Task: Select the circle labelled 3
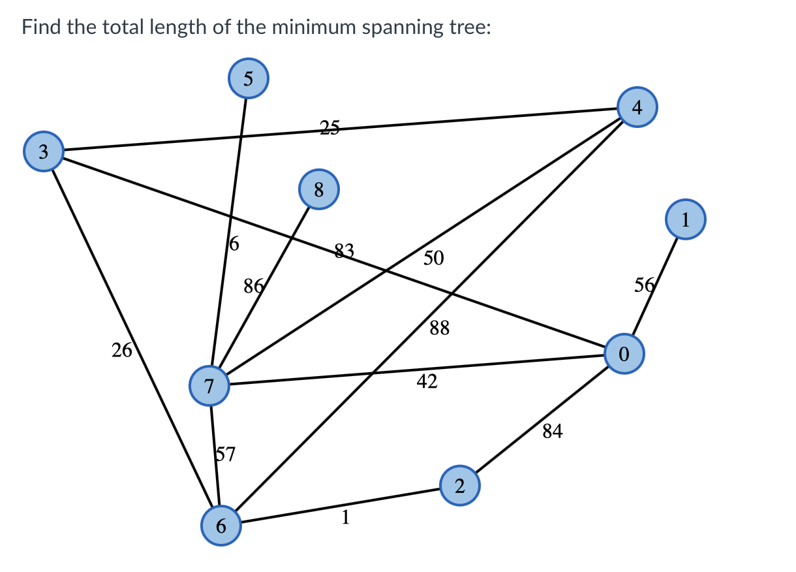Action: (43, 151)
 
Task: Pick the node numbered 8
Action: (318, 189)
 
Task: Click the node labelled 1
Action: (685, 220)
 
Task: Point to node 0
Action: (624, 354)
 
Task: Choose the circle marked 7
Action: (209, 386)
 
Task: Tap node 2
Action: (459, 486)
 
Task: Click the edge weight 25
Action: (329, 127)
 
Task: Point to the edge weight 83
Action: (344, 250)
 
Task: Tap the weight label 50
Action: (434, 259)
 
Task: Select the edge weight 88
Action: (440, 328)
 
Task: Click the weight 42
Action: (427, 382)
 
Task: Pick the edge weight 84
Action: (552, 431)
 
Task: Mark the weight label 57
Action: (226, 454)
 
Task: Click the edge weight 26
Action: (121, 351)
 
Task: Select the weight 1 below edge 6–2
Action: (346, 517)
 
